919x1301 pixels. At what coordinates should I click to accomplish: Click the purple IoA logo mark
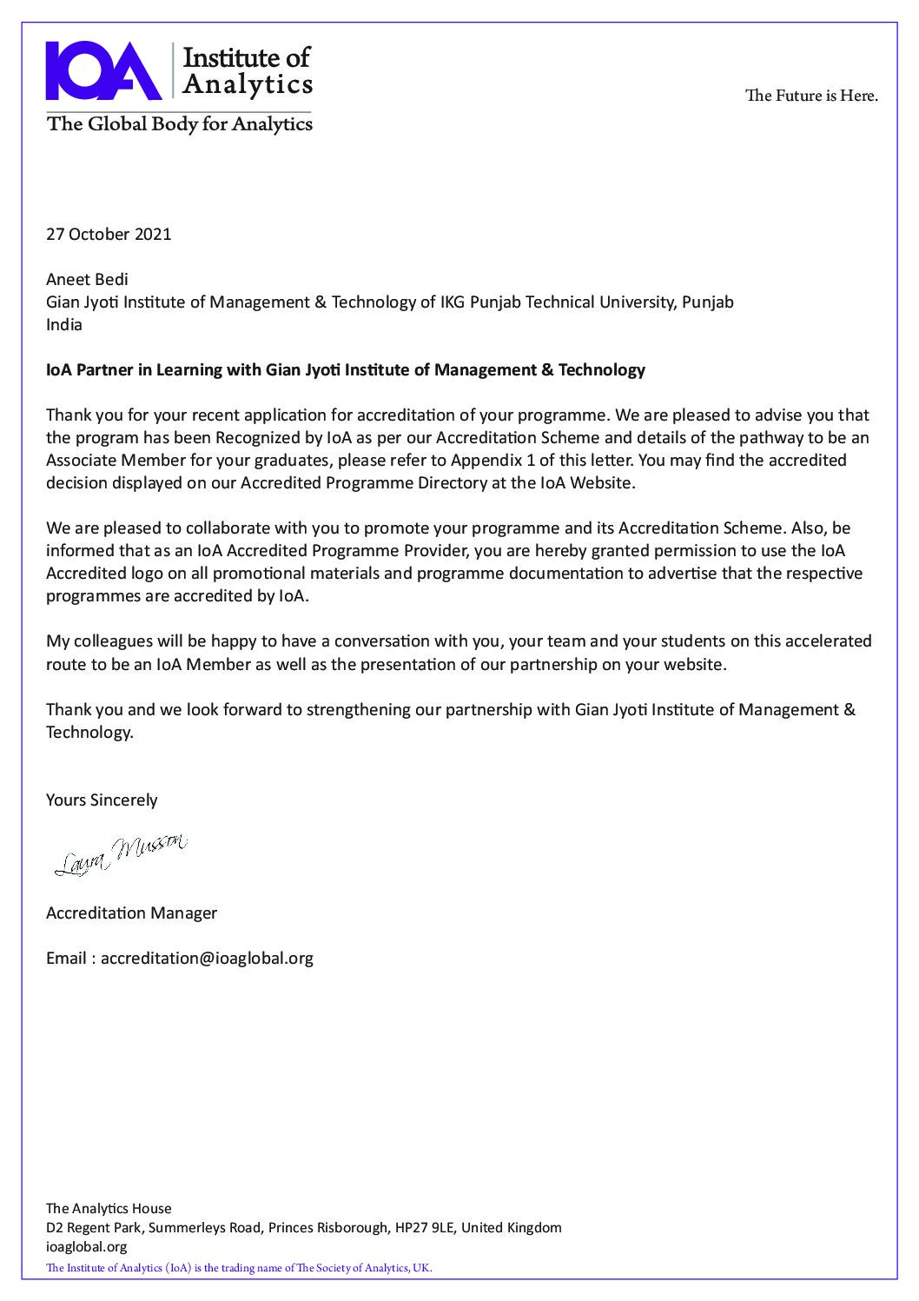pyautogui.click(x=103, y=70)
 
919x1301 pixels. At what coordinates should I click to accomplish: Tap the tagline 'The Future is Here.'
pyautogui.click(x=811, y=96)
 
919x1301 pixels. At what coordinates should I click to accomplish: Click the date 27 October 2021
pyautogui.click(x=109, y=234)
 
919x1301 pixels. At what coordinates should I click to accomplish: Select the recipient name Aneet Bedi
pyautogui.click(x=87, y=279)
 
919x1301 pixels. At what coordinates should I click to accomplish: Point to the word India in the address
pyautogui.click(x=64, y=324)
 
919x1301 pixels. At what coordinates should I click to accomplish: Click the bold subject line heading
pyautogui.click(x=345, y=370)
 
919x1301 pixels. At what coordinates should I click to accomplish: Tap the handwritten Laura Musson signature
pyautogui.click(x=121, y=853)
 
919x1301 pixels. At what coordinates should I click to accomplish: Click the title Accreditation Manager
pyautogui.click(x=131, y=913)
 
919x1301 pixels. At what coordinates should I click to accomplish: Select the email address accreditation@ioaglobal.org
pyautogui.click(x=207, y=958)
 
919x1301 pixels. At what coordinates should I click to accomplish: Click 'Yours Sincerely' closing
pyautogui.click(x=102, y=800)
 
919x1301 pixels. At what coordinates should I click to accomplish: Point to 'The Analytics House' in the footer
pyautogui.click(x=109, y=1208)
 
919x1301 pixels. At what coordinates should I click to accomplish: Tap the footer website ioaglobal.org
pyautogui.click(x=86, y=1246)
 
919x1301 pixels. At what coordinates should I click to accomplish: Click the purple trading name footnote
pyautogui.click(x=239, y=1268)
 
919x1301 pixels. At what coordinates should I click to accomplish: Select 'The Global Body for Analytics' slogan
pyautogui.click(x=180, y=123)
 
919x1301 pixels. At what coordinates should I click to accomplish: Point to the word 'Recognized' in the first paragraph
pyautogui.click(x=256, y=437)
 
